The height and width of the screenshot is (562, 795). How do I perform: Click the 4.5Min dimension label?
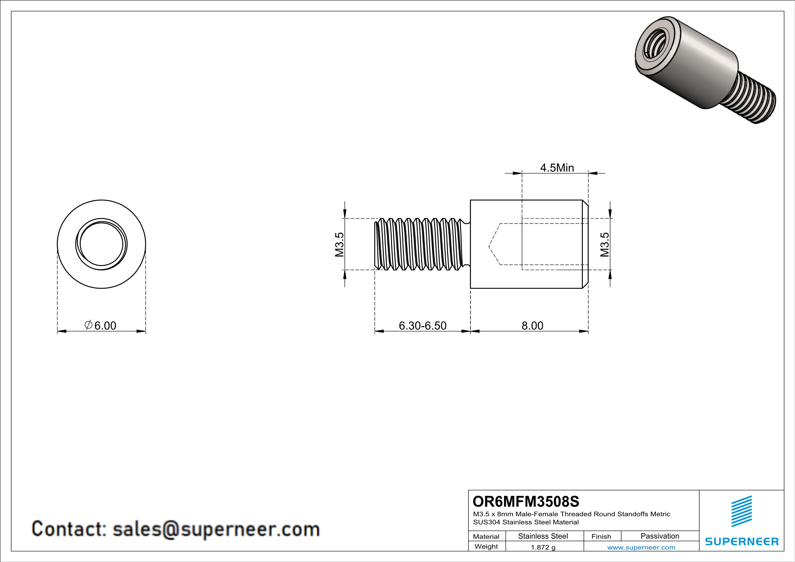tap(557, 168)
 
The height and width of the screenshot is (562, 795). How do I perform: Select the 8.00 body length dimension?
tap(532, 326)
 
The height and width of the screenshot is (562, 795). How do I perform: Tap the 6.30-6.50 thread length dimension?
tap(422, 326)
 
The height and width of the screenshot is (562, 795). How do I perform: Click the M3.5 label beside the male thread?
tap(339, 244)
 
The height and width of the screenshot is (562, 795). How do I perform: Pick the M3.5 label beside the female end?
tap(605, 244)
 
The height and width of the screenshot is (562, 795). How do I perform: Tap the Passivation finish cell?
tap(660, 536)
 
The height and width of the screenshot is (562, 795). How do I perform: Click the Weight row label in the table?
tap(486, 546)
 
